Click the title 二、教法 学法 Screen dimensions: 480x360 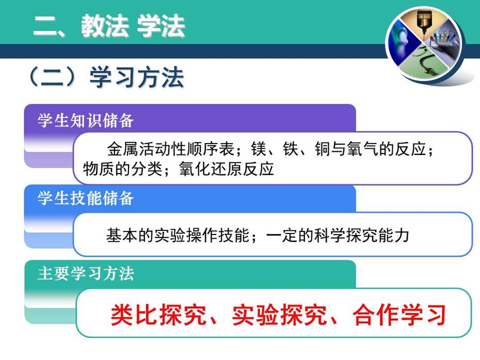[x=109, y=26]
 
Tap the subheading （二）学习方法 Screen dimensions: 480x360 [x=106, y=77]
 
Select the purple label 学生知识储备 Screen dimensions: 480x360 [x=85, y=120]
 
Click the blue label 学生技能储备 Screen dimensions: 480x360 [x=85, y=198]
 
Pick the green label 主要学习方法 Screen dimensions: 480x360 [x=86, y=273]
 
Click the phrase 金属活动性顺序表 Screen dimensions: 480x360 [x=170, y=149]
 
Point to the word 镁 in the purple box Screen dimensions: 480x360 [x=259, y=149]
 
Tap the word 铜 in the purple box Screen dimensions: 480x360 [x=323, y=149]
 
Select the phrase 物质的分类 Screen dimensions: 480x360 [x=122, y=169]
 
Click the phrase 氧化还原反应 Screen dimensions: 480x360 [x=226, y=169]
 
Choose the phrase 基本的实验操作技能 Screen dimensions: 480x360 [x=178, y=236]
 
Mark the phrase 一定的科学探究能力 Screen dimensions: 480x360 [x=338, y=236]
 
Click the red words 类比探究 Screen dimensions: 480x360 [x=158, y=315]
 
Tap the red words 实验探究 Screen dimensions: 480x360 [x=280, y=315]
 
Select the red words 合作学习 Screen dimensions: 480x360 [x=399, y=315]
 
